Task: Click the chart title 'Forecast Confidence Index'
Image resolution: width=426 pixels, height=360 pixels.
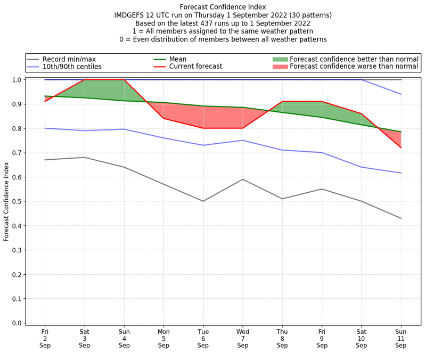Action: pos(223,7)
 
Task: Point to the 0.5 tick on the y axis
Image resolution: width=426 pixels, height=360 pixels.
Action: pos(18,201)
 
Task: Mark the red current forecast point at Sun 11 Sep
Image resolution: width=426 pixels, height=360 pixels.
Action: pos(401,148)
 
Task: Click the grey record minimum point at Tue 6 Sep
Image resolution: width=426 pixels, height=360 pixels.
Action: pos(203,201)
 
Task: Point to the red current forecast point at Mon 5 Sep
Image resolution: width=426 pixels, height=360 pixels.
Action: pos(163,118)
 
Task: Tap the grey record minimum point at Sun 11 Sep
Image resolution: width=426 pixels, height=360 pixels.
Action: pos(401,218)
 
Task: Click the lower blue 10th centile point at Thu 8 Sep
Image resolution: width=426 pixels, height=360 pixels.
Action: pos(282,150)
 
